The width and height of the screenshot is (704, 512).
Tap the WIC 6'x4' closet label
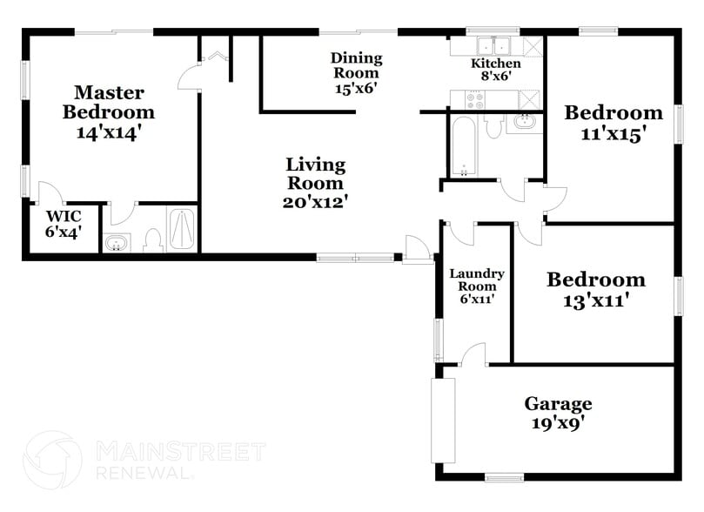click(x=64, y=223)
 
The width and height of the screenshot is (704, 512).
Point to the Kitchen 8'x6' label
click(x=496, y=69)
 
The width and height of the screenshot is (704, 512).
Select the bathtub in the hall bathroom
click(x=462, y=146)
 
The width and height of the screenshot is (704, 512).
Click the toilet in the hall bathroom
click(x=493, y=127)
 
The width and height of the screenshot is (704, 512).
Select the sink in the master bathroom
click(x=117, y=243)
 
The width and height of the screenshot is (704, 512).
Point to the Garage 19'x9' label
click(x=558, y=414)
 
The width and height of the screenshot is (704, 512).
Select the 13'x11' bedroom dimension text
click(x=596, y=301)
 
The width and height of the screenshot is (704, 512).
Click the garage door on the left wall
click(x=444, y=421)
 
